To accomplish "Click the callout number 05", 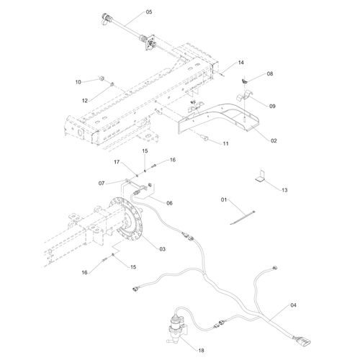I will click(148, 12).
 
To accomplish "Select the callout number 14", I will click(221, 64).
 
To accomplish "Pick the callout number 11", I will click(225, 145).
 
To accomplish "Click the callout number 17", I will click(118, 164).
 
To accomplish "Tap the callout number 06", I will click(169, 204).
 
